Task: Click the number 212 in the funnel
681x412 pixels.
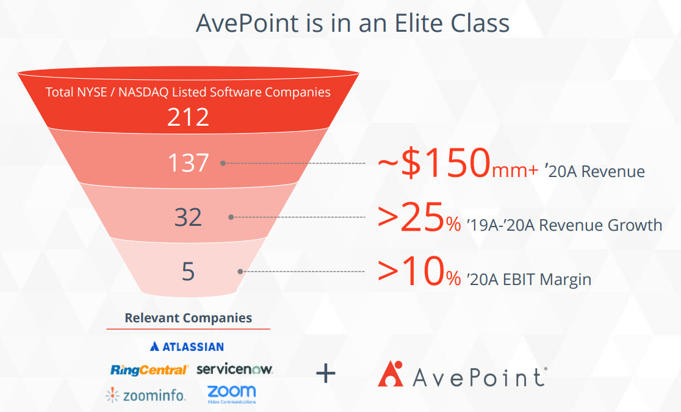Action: [x=188, y=117]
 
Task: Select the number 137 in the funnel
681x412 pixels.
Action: [x=189, y=163]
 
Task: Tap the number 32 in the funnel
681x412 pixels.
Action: [x=188, y=217]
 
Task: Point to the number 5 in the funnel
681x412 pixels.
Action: [x=188, y=272]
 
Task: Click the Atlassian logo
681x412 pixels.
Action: [x=187, y=346]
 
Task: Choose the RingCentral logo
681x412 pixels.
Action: [x=149, y=370]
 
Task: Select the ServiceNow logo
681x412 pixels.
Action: [x=234, y=369]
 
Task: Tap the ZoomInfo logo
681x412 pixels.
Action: [x=145, y=395]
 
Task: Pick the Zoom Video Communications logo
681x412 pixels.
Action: [x=231, y=394]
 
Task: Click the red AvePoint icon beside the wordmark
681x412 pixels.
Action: [x=391, y=374]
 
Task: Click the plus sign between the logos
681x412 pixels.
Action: [x=326, y=374]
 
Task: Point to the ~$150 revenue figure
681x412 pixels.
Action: [x=434, y=163]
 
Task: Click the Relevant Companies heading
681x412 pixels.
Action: [x=188, y=318]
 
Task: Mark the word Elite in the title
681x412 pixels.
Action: [x=419, y=23]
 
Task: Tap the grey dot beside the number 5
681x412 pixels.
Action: [x=240, y=272]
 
